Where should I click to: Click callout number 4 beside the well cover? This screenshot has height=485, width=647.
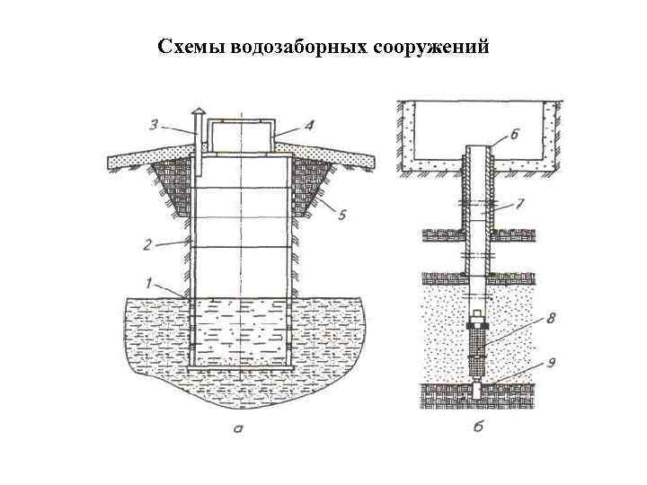click(x=309, y=126)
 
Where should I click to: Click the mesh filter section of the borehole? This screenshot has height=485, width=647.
click(x=478, y=349)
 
